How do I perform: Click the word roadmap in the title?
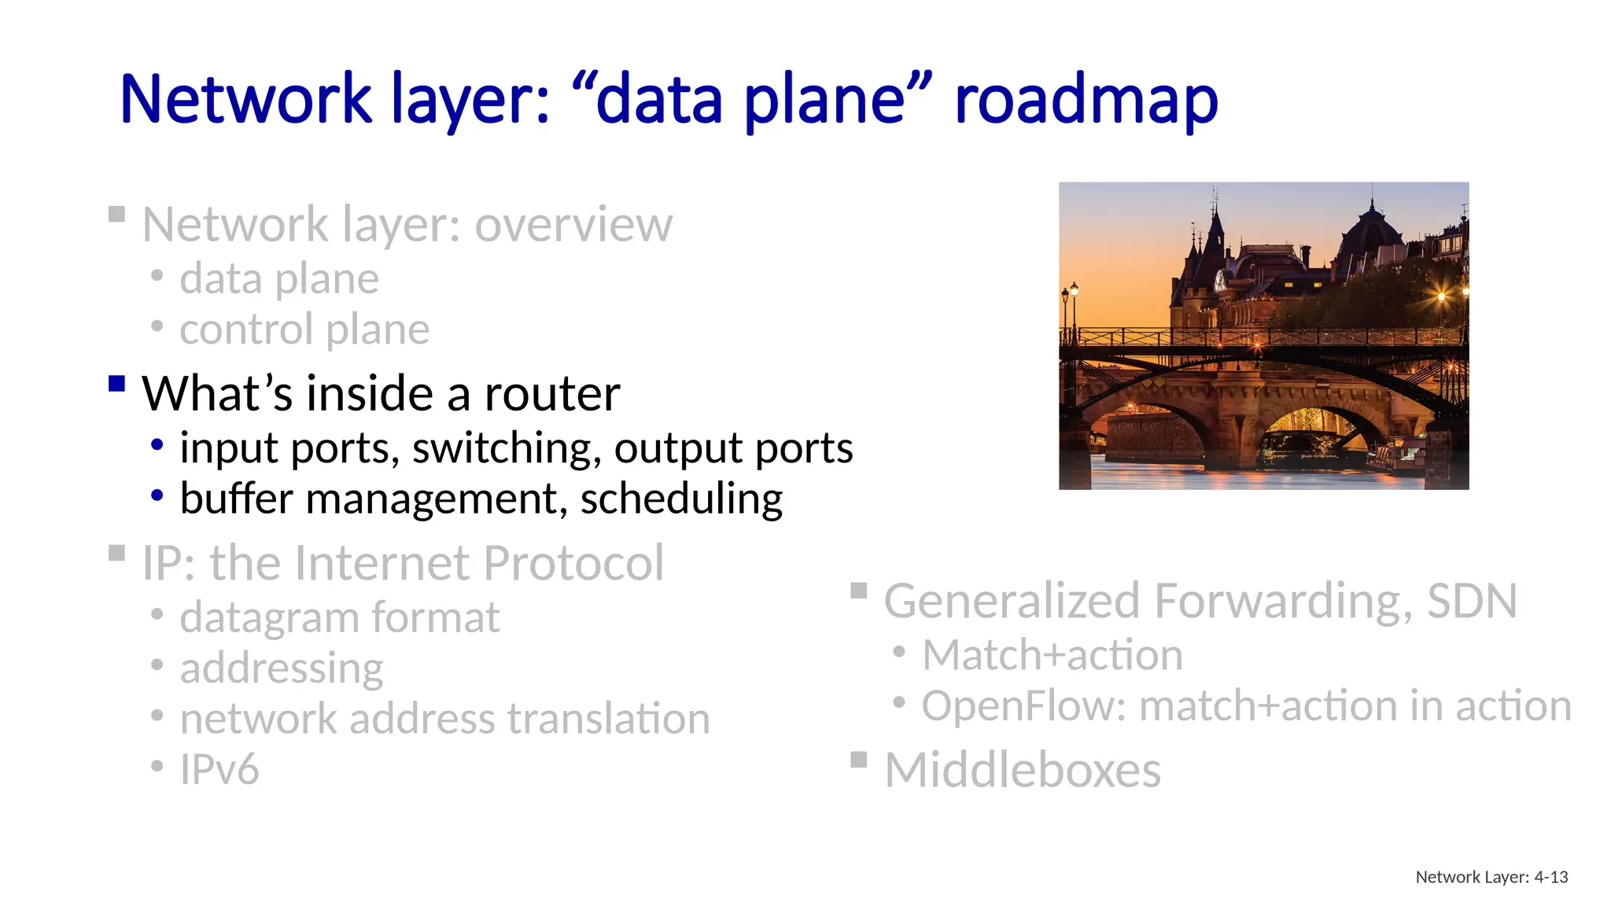[x=1086, y=101]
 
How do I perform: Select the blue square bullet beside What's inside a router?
[x=117, y=383]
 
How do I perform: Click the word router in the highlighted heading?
[x=552, y=393]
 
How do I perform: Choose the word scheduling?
[x=681, y=499]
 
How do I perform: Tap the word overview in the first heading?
[x=573, y=225]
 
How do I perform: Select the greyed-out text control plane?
[x=304, y=329]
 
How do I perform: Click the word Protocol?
[x=573, y=563]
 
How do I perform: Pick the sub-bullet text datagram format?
[x=339, y=617]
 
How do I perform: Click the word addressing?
[x=282, y=668]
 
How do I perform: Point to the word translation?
[x=608, y=719]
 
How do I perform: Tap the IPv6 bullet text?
[x=219, y=769]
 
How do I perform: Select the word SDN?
[x=1472, y=602]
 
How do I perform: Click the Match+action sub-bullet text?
[x=1052, y=655]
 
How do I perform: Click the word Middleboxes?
[x=1023, y=770]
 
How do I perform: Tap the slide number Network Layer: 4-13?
[x=1491, y=877]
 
